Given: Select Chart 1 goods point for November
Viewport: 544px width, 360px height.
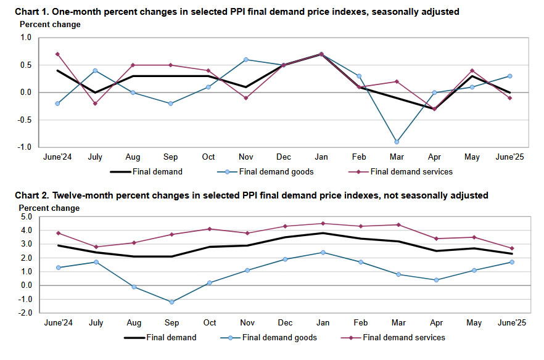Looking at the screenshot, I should pyautogui.click(x=247, y=60).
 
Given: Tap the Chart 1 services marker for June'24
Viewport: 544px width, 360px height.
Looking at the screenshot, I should pyautogui.click(x=57, y=54).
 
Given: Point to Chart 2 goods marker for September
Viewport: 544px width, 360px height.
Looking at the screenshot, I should pyautogui.click(x=171, y=302).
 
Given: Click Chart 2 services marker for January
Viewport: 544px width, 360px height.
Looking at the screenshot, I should pyautogui.click(x=323, y=224).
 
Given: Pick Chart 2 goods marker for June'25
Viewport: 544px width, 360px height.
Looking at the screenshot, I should pyautogui.click(x=512, y=262).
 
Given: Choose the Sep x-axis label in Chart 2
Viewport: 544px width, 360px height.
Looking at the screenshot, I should pyautogui.click(x=171, y=324).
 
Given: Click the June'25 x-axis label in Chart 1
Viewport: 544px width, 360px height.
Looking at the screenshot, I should pyautogui.click(x=511, y=158).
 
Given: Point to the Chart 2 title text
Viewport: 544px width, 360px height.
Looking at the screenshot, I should pyautogui.click(x=252, y=195).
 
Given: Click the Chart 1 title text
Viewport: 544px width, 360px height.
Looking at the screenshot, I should pyautogui.click(x=237, y=12).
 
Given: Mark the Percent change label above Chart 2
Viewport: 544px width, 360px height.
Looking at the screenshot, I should pyautogui.click(x=49, y=208).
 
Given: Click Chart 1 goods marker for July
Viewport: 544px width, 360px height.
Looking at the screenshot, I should pyautogui.click(x=95, y=70).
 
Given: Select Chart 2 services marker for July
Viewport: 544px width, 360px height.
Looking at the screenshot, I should pyautogui.click(x=95, y=247).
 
